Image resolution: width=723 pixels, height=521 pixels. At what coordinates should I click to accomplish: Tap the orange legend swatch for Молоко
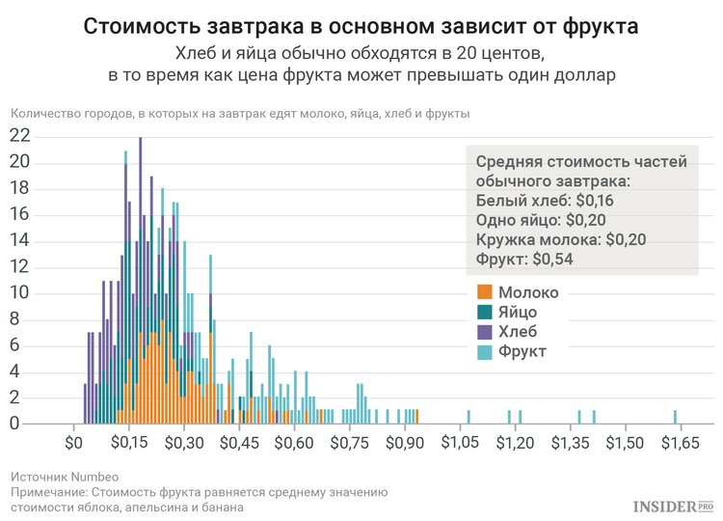[485, 292]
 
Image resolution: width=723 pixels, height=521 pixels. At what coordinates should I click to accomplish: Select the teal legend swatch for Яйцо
[485, 312]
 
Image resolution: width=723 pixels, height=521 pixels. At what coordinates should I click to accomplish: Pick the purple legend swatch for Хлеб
[485, 331]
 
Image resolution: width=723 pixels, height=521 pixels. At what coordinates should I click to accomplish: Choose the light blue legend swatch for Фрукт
[485, 350]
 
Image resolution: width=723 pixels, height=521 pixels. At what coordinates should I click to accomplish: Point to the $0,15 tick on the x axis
[129, 443]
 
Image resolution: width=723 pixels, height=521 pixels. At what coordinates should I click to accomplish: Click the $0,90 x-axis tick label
[405, 443]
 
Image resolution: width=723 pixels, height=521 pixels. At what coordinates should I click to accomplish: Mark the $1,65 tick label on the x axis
[681, 443]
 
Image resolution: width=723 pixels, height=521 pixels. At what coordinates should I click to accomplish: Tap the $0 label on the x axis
[74, 443]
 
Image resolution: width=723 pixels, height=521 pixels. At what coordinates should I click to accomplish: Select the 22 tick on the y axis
[19, 137]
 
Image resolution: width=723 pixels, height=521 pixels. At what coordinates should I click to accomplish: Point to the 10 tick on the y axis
[19, 293]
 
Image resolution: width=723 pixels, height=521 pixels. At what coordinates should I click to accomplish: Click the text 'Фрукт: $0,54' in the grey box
[527, 259]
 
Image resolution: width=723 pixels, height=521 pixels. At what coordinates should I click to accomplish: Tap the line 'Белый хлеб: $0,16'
[545, 201]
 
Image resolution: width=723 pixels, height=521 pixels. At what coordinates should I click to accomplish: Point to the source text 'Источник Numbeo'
[65, 477]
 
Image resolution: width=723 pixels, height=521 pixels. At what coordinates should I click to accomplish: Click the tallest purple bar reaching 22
[141, 280]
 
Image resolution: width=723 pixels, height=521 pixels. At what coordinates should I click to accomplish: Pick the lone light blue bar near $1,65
[675, 417]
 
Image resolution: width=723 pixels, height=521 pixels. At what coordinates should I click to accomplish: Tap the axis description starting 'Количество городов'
[240, 114]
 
